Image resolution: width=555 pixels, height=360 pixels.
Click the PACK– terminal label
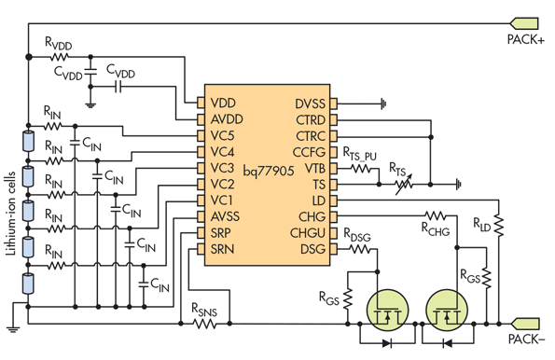(x=525, y=341)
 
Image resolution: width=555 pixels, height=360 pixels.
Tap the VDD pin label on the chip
(x=223, y=104)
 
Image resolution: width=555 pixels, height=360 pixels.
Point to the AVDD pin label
(x=228, y=119)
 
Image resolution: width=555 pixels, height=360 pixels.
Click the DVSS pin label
(x=310, y=104)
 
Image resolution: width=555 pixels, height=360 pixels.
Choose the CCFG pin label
(x=310, y=152)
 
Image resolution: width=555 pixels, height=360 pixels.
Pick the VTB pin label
(x=314, y=168)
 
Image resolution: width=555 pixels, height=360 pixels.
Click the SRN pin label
(x=223, y=249)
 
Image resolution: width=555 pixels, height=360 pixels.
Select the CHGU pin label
(x=309, y=233)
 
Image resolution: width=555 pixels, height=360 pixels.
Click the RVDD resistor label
(x=57, y=45)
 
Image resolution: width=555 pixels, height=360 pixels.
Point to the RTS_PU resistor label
(x=360, y=153)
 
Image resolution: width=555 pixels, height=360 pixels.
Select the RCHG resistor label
(x=436, y=225)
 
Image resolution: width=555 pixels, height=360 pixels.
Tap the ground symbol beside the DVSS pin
(x=382, y=104)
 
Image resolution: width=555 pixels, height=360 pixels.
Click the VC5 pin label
(x=223, y=135)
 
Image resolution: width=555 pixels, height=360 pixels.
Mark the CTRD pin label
(x=310, y=119)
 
